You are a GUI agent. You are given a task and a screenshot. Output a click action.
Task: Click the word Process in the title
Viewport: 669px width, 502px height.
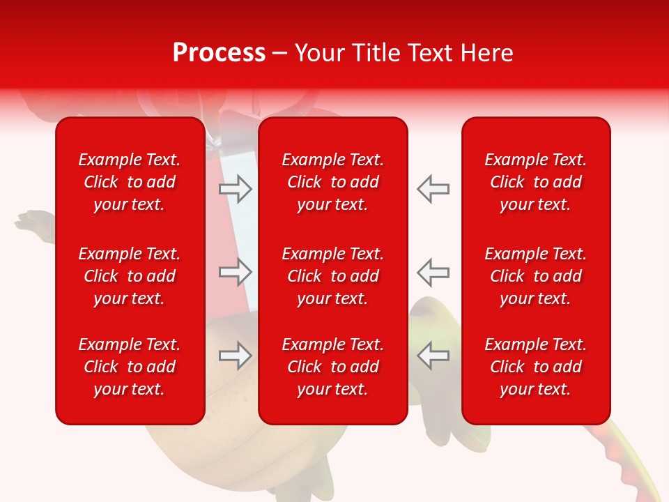[219, 53]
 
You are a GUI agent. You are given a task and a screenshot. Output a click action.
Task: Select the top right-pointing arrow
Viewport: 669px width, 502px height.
[236, 189]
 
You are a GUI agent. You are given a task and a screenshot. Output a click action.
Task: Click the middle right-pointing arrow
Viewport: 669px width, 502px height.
[236, 272]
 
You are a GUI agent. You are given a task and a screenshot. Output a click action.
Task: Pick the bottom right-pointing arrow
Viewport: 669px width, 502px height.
[236, 356]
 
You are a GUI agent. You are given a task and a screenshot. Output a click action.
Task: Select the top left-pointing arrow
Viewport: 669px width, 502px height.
[433, 189]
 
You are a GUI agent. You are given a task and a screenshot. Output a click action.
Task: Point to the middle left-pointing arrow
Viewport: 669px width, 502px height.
[433, 272]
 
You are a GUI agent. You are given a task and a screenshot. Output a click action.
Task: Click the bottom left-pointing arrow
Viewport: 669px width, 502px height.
[433, 356]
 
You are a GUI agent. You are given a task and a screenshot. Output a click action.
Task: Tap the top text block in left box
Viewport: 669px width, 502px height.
[130, 182]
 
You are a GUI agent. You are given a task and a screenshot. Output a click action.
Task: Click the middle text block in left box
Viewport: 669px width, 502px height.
[130, 276]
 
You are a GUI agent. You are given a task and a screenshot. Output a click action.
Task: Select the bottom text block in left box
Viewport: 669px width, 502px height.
[130, 367]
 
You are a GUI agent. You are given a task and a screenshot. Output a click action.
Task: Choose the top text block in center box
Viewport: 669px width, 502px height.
[332, 182]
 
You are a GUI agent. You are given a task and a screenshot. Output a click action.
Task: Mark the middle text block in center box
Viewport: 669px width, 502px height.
[332, 276]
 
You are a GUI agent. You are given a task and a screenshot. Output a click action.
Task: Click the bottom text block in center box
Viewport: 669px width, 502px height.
[332, 367]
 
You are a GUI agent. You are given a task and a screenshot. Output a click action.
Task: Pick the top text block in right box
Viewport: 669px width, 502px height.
[535, 182]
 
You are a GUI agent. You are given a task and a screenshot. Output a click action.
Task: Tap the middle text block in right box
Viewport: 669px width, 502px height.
[535, 276]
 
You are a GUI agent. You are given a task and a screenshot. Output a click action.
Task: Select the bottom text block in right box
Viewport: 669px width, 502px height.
[535, 367]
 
